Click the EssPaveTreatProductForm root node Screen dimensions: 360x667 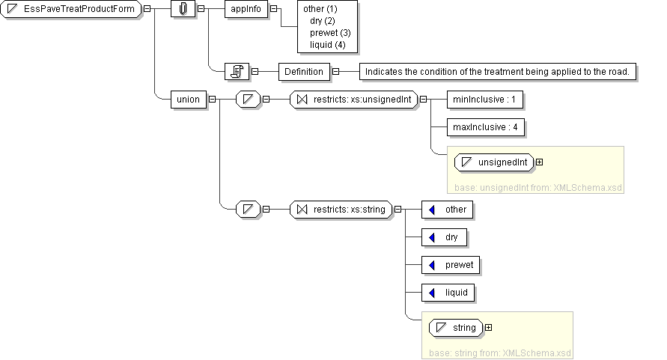pyautogui.click(x=72, y=8)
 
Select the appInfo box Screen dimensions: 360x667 pyautogui.click(x=246, y=8)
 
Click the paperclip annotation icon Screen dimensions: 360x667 pyautogui.click(x=183, y=8)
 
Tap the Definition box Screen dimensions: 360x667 pyautogui.click(x=304, y=71)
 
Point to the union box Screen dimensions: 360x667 pyautogui.click(x=188, y=99)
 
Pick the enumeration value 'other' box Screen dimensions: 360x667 pyautogui.click(x=448, y=210)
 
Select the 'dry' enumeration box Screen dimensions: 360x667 pyautogui.click(x=445, y=237)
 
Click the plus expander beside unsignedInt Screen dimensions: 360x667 pyautogui.click(x=539, y=162)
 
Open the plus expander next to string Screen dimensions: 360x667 pyautogui.click(x=489, y=327)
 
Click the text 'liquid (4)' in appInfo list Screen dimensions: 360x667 pyautogui.click(x=326, y=45)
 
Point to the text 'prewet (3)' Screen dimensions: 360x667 pyautogui.click(x=329, y=33)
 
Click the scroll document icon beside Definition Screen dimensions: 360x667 pyautogui.click(x=237, y=71)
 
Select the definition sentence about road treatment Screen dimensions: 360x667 pyautogui.click(x=500, y=71)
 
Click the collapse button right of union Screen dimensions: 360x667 pyautogui.click(x=212, y=99)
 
